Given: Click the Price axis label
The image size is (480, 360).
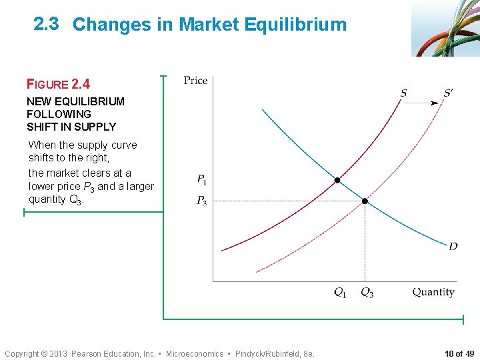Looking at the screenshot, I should tap(195, 81).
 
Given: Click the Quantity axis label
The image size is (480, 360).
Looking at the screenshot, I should tap(433, 292).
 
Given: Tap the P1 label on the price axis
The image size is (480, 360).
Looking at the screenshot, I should tap(201, 179).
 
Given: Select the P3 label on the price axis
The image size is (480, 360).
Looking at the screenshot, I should tap(201, 201).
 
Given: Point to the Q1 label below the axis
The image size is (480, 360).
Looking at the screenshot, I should tap(340, 292).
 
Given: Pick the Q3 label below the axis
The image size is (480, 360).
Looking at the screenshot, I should tap(367, 292).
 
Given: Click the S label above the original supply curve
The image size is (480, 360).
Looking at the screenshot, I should tap(404, 93).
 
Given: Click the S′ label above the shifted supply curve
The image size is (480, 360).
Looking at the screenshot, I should tap(447, 93).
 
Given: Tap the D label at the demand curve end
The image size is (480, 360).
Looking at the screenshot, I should tap(453, 247).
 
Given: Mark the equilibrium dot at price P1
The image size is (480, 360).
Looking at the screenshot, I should tap(337, 180).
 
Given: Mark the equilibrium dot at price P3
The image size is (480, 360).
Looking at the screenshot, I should tap(365, 201).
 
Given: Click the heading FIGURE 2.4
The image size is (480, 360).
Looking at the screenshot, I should tap(58, 84).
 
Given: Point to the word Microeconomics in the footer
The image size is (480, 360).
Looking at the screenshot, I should tap(195, 353).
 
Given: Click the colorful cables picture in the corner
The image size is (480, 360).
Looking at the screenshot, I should tap(445, 28).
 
